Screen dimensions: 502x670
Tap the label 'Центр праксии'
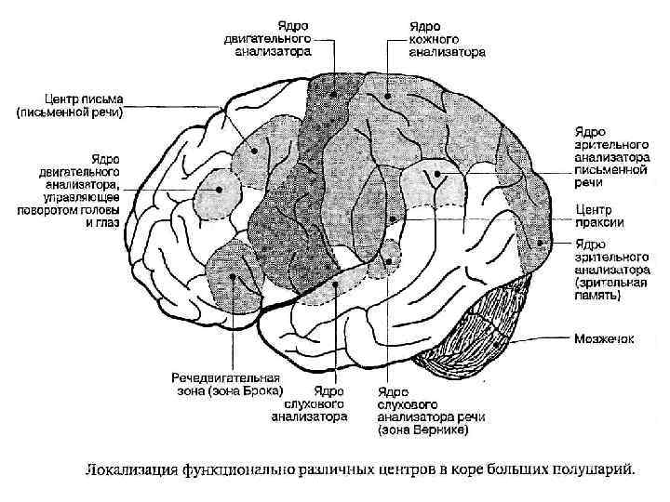point(599,215)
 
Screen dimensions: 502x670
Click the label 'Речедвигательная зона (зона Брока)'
point(226,385)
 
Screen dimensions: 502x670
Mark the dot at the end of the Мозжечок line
point(503,341)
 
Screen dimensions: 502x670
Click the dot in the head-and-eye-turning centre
point(219,189)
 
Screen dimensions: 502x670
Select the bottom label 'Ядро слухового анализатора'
point(310,404)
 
